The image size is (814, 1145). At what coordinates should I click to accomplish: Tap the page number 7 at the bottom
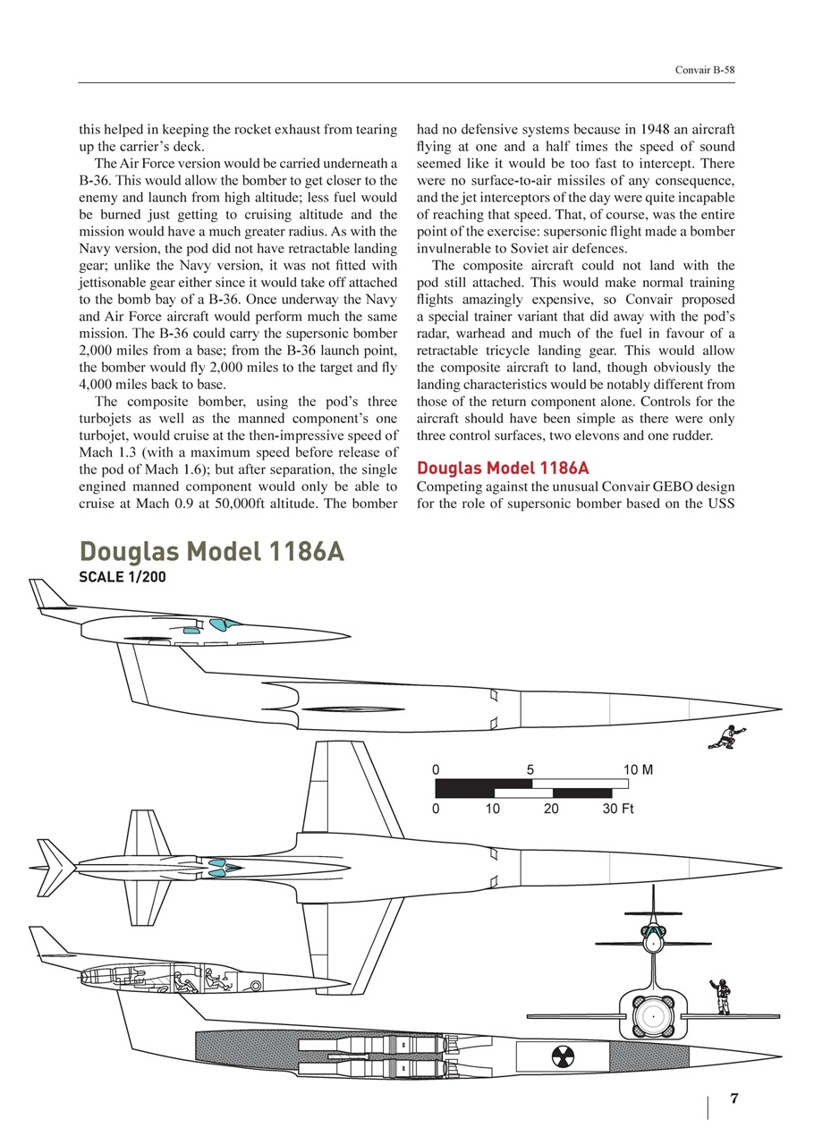tap(733, 1099)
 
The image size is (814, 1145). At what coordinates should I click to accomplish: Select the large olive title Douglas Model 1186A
tap(211, 551)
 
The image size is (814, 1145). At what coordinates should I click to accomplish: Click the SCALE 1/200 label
tap(123, 577)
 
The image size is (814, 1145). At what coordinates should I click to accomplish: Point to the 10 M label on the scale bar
tap(638, 769)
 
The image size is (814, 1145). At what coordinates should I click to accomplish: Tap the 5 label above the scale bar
tap(530, 769)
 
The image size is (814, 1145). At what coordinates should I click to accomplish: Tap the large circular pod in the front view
tap(653, 1018)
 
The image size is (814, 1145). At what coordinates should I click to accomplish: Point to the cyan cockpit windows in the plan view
tap(220, 866)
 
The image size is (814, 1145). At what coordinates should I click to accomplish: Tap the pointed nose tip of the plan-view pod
tap(780, 867)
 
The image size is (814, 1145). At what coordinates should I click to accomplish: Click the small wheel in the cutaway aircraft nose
tap(257, 986)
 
